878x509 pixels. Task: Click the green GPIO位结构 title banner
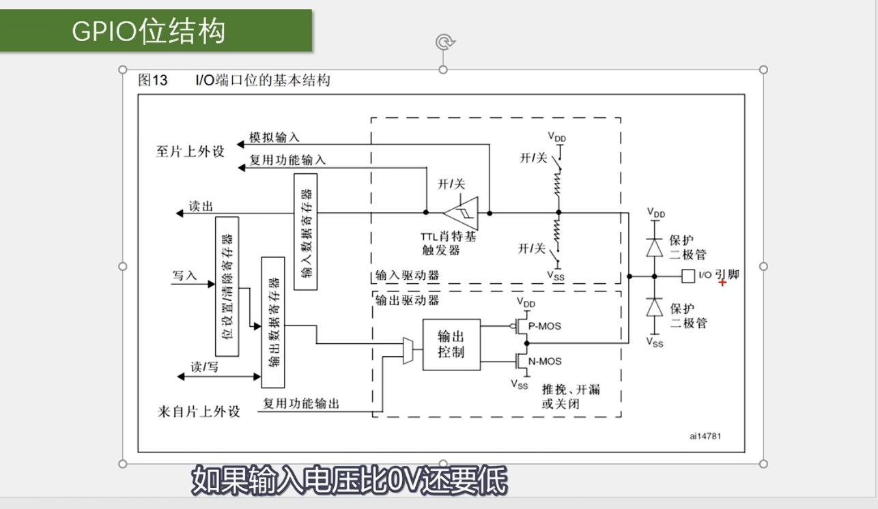pos(156,31)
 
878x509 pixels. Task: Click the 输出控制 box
pos(451,344)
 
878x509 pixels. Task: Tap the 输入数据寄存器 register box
pos(306,232)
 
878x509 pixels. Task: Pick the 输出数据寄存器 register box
pos(273,322)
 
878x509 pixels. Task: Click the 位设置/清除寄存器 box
pos(227,287)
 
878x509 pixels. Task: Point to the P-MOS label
pos(545,326)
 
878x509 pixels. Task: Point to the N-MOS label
pos(545,361)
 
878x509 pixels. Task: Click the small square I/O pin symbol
pos(688,276)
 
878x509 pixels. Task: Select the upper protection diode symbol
pos(655,246)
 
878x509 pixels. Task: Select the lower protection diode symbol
pos(655,308)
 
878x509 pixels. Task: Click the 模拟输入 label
pos(274,139)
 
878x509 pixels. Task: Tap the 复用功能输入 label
pos(287,161)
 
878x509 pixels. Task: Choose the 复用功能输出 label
pos(301,404)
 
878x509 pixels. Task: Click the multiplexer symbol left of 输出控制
pos(408,350)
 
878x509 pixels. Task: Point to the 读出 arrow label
pos(201,207)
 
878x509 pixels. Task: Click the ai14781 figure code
pos(705,436)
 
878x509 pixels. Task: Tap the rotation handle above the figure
pos(444,42)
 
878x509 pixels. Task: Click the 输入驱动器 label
pos(407,276)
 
